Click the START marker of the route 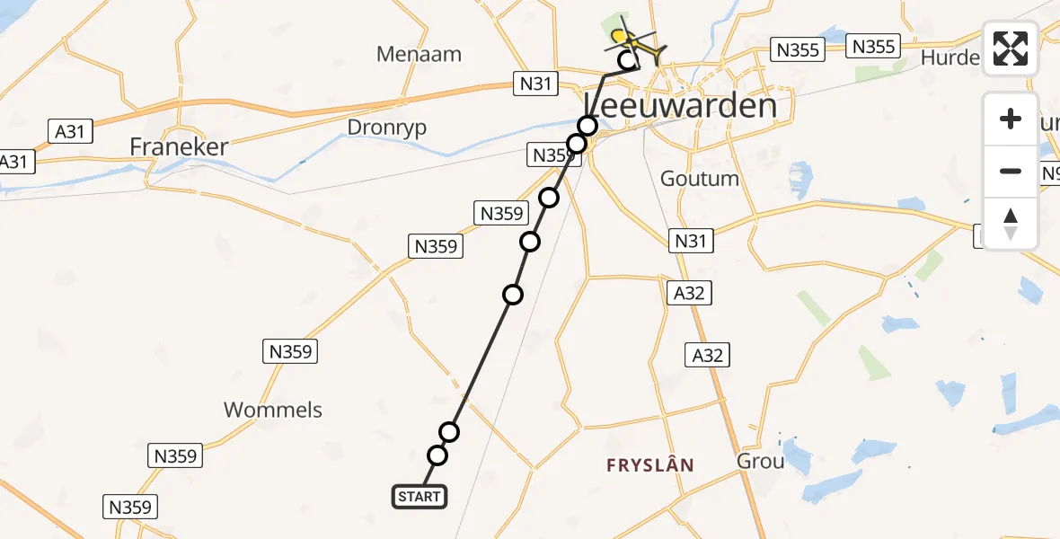click(419, 496)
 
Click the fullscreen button click(1011, 49)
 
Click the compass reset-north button click(1011, 224)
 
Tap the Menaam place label click(420, 54)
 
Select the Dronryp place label click(387, 128)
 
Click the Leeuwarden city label click(680, 106)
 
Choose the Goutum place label click(700, 178)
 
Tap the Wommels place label click(273, 410)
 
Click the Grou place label click(760, 462)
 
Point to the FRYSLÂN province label click(650, 464)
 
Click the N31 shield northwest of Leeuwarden click(536, 84)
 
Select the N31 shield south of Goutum click(692, 240)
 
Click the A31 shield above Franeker click(69, 131)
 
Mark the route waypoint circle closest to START click(437, 455)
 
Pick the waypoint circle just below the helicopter click(629, 61)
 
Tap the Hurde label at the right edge click(950, 57)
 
